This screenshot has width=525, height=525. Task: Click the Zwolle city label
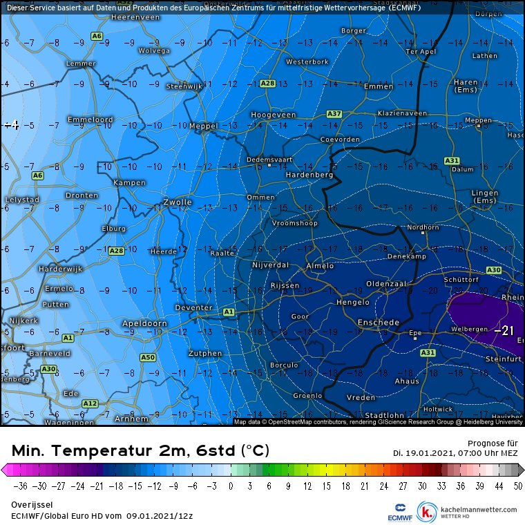[x=177, y=202]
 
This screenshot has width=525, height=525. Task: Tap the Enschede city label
[x=378, y=323]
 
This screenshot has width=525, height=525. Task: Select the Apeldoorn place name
[x=144, y=323]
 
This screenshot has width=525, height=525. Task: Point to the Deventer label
[x=194, y=307]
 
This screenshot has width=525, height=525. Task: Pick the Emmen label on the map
[x=378, y=86]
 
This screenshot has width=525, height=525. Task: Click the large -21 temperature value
[x=505, y=332]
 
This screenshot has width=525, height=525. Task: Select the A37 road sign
[x=334, y=113]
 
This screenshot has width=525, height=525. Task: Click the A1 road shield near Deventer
[x=229, y=312]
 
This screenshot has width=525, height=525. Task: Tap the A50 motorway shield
[x=148, y=357]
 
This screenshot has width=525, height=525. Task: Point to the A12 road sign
[x=90, y=403]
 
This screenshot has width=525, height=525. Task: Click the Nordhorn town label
[x=423, y=227]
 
